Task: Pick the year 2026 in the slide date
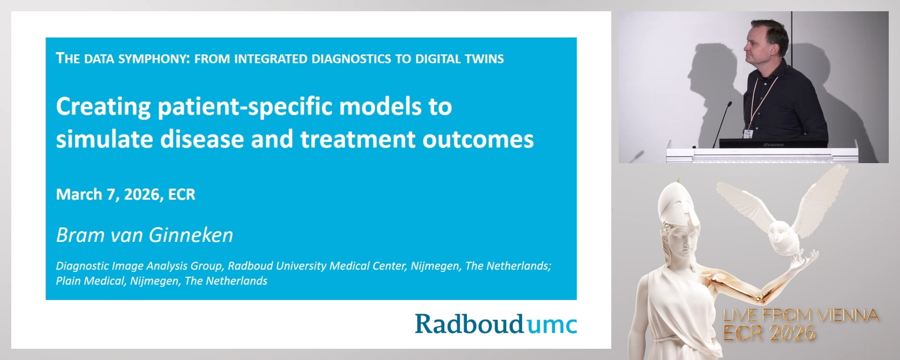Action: (x=139, y=195)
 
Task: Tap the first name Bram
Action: (x=76, y=235)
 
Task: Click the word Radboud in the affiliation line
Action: (x=250, y=266)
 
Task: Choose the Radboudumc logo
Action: (x=495, y=324)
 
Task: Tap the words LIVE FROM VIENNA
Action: (x=801, y=315)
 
